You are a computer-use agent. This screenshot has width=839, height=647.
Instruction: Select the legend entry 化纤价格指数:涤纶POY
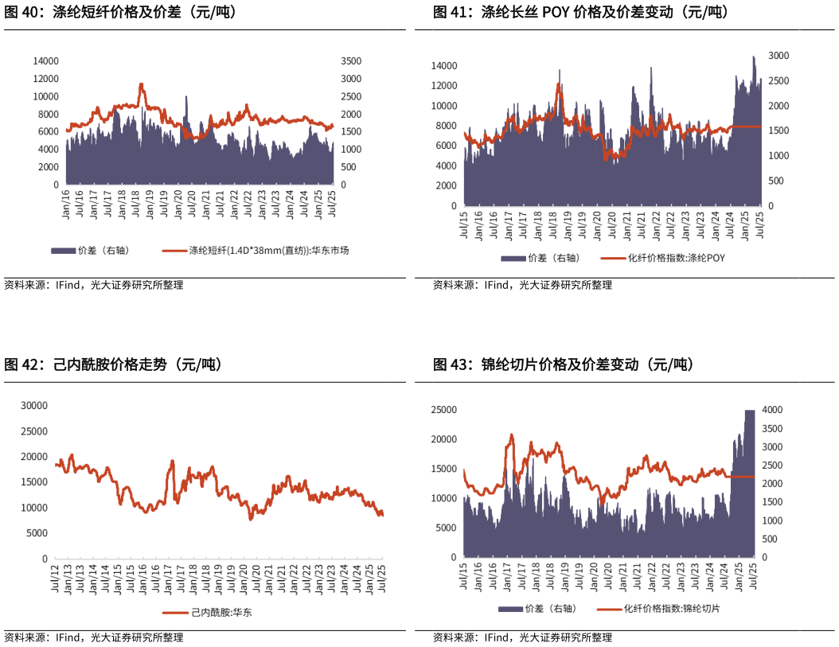(676, 258)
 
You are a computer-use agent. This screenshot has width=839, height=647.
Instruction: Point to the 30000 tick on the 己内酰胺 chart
(34, 406)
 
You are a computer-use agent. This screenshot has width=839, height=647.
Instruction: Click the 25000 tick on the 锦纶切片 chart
(443, 410)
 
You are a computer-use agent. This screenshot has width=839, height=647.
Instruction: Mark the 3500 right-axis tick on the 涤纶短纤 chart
(350, 61)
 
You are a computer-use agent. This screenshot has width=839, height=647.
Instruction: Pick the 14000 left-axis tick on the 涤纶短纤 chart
(45, 61)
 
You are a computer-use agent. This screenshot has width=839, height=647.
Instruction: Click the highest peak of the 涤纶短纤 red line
(141, 84)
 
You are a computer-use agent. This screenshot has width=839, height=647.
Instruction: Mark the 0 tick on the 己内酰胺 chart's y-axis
(45, 559)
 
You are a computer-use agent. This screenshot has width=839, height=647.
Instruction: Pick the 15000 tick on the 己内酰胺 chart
(34, 482)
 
